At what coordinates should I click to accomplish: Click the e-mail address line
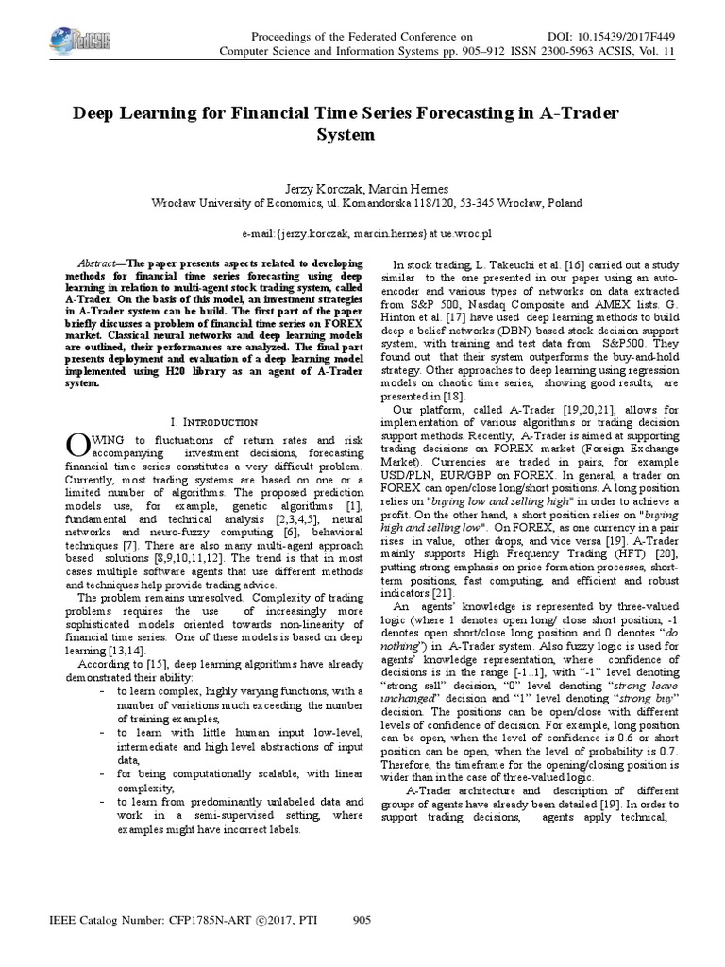point(362,231)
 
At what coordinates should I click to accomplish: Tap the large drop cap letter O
point(77,447)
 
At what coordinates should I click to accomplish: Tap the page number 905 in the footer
point(362,920)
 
